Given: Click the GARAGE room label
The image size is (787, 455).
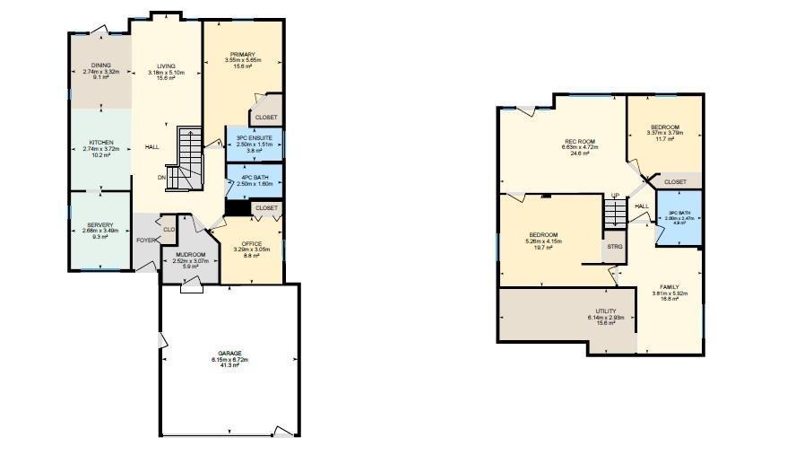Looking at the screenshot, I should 229,353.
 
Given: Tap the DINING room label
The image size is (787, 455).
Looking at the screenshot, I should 100,66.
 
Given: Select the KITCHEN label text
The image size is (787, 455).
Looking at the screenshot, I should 100,143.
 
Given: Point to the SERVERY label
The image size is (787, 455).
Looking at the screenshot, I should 100,224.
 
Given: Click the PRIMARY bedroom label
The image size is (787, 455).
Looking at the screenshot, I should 242,55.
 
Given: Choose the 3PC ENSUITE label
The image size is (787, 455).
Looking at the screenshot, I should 255,137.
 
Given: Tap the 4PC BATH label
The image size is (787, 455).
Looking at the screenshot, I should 255,177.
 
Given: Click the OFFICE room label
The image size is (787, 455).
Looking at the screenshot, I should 251,243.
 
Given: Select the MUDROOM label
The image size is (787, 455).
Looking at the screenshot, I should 189,254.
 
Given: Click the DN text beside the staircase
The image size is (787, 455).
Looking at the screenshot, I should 162,177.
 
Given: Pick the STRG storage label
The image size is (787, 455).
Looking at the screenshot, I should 615,245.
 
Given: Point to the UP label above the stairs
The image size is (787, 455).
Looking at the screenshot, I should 615,196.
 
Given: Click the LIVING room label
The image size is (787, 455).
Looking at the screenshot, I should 167,66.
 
